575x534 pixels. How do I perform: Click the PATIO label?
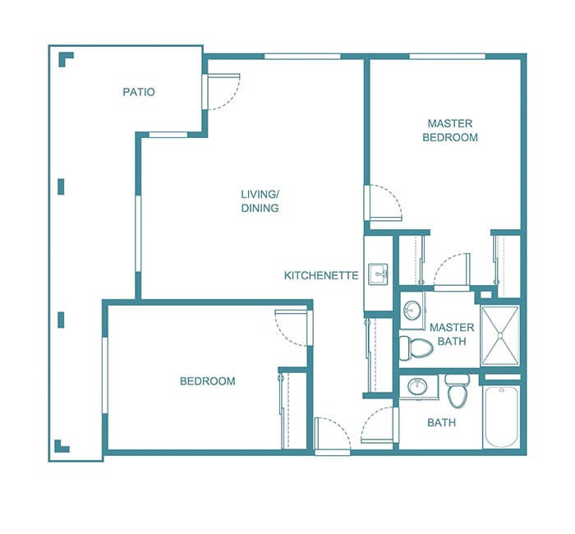pos(139,92)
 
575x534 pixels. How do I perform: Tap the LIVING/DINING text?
pos(260,201)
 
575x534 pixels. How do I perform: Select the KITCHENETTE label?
pos(321,275)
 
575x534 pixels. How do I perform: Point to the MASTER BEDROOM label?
pos(449,131)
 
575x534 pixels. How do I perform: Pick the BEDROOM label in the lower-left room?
pos(208,381)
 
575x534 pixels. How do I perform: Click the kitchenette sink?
pos(378,274)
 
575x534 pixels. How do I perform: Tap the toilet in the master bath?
pos(416,348)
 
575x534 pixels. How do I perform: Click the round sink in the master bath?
pos(413,311)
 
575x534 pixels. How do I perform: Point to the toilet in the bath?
pos(458,393)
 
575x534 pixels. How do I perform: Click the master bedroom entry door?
pos(383,204)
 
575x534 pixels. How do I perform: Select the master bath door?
pos(452,271)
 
